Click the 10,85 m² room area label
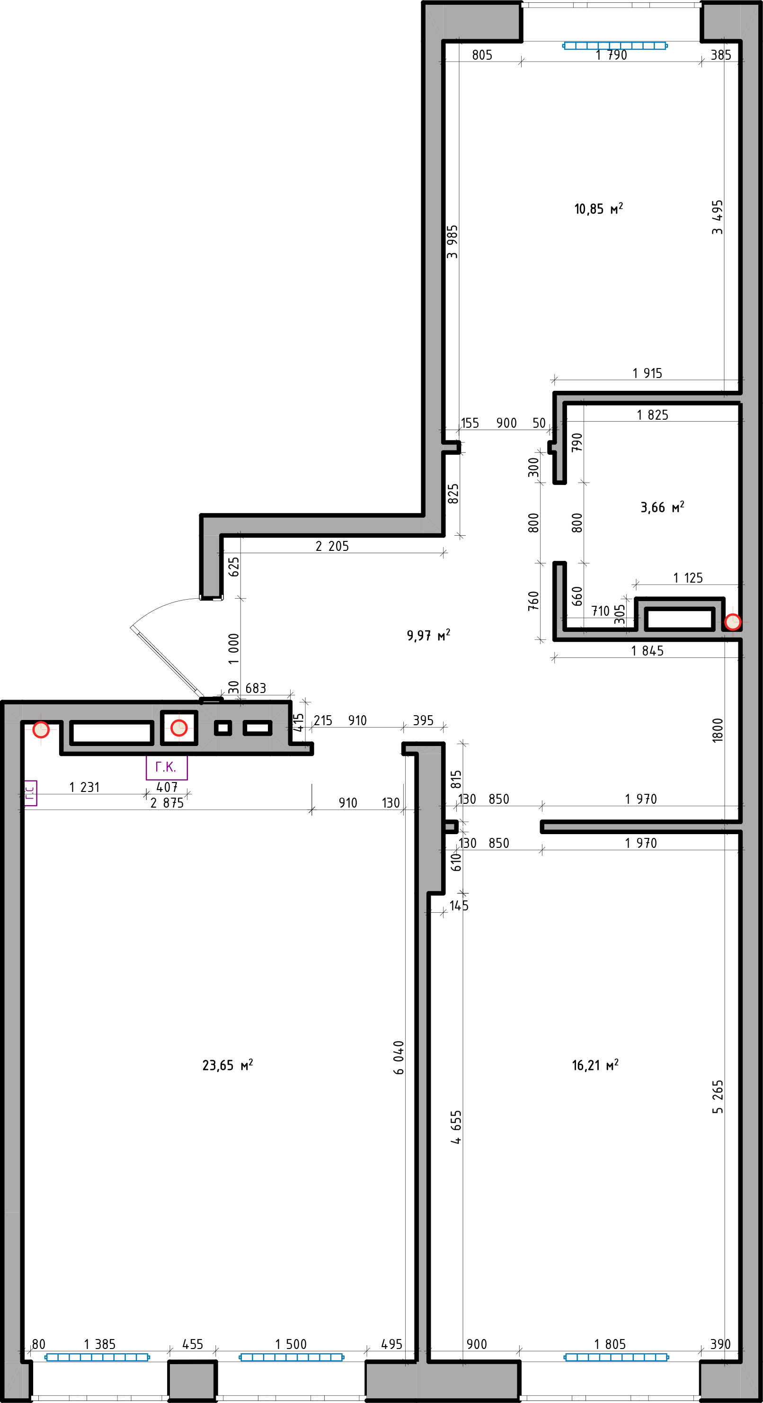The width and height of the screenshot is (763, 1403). click(598, 208)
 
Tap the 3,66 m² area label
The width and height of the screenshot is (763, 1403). click(662, 507)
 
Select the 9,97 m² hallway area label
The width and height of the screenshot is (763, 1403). click(428, 635)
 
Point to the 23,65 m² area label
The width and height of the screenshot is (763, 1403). click(228, 1065)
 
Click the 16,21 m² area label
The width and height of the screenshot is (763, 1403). click(595, 1065)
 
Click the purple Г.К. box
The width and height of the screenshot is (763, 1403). click(167, 767)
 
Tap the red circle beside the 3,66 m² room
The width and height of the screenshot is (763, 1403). click(733, 621)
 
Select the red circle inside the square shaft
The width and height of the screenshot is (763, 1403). click(179, 728)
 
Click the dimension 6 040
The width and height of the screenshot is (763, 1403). click(399, 1058)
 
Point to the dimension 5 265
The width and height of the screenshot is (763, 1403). click(718, 1097)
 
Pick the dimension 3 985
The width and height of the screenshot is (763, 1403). click(452, 242)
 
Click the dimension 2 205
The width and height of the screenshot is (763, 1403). click(332, 546)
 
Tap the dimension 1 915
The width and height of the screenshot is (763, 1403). click(647, 373)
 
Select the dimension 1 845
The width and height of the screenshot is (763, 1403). click(647, 651)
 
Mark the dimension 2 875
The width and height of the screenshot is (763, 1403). click(167, 803)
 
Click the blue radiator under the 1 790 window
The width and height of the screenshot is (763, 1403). click(614, 46)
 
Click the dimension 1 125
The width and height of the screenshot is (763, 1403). click(688, 578)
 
